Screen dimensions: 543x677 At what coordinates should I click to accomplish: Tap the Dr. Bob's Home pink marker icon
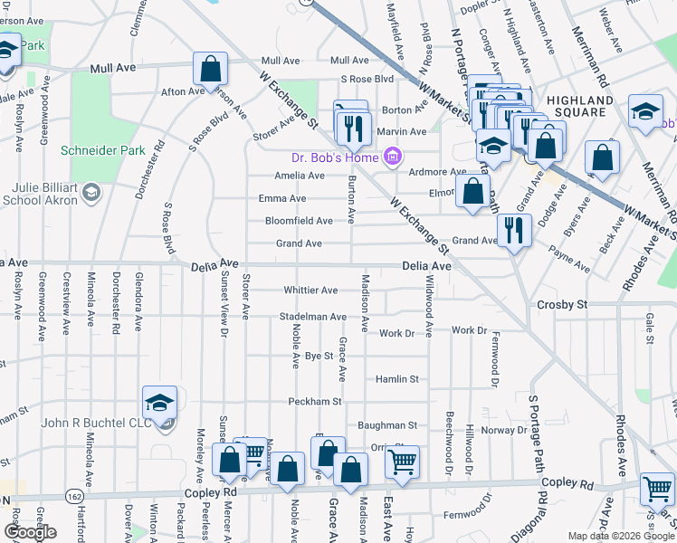pos(392,158)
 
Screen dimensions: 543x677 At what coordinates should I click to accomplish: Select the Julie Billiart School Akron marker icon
pos(91,192)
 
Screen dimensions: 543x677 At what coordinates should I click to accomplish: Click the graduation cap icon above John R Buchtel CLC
pos(159,402)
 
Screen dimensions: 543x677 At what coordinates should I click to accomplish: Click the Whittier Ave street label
pos(310,291)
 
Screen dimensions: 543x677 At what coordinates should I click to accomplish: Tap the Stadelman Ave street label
pos(312,318)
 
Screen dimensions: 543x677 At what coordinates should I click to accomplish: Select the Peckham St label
pos(315,401)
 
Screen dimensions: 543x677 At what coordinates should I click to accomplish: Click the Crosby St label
pos(562,305)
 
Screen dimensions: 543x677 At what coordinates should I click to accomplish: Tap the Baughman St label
pos(386,424)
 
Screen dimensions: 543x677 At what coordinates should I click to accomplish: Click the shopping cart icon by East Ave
pos(402,462)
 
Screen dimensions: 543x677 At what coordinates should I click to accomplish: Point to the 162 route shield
pos(72,496)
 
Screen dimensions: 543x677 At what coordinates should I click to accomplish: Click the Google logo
pos(30,532)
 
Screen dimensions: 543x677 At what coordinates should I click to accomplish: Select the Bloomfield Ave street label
pos(299,221)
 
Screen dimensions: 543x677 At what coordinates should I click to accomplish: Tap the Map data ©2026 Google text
pos(620,536)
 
